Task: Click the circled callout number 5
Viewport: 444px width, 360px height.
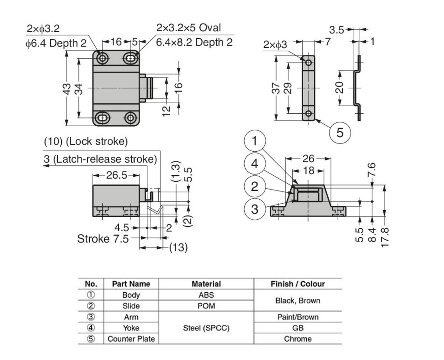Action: pos(340,133)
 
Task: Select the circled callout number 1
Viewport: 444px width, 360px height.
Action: pos(255,141)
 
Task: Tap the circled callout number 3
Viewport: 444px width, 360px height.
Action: pos(255,209)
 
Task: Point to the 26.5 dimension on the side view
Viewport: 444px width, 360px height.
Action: pos(116,175)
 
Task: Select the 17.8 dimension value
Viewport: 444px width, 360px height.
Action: pos(385,236)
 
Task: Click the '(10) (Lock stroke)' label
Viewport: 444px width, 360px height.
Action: pos(86,142)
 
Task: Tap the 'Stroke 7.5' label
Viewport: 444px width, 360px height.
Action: pos(102,239)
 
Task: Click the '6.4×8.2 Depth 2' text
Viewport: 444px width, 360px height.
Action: pos(194,42)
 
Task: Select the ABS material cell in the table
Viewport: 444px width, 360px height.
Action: pos(206,295)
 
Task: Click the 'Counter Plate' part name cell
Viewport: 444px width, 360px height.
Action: pos(131,339)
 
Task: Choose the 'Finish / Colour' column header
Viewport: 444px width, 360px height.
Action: pos(298,284)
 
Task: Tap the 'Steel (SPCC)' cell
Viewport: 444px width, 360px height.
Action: pos(206,328)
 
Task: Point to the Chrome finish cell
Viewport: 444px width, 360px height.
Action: pos(298,339)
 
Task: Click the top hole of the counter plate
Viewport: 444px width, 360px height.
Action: pos(309,62)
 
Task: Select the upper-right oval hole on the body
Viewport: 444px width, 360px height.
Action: pos(130,58)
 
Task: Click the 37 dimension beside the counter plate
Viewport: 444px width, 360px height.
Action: pos(277,90)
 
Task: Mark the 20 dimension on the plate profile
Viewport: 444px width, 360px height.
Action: pos(340,87)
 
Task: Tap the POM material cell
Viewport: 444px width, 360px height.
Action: pos(206,306)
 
